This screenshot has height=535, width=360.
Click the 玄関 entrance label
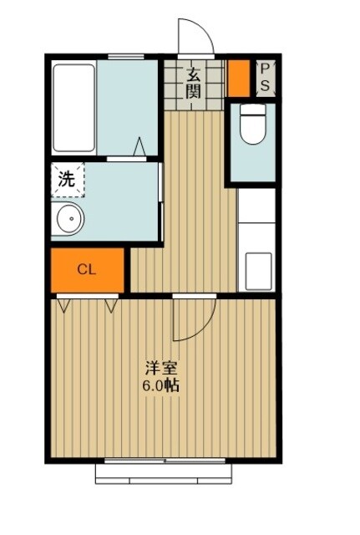pyautogui.click(x=193, y=84)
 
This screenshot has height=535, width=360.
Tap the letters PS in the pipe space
pyautogui.click(x=265, y=76)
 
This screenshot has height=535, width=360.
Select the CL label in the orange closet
pyautogui.click(x=86, y=269)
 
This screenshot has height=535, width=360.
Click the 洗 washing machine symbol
pyautogui.click(x=66, y=178)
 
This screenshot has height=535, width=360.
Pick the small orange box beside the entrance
pyautogui.click(x=239, y=77)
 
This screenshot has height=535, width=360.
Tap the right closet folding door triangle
pyautogui.click(x=111, y=304)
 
